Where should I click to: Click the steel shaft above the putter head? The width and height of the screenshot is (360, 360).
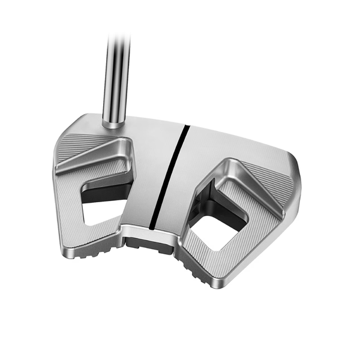(x=116, y=72)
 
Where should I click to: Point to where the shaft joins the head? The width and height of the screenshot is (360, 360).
(x=113, y=122)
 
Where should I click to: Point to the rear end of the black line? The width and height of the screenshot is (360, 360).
(x=153, y=227)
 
